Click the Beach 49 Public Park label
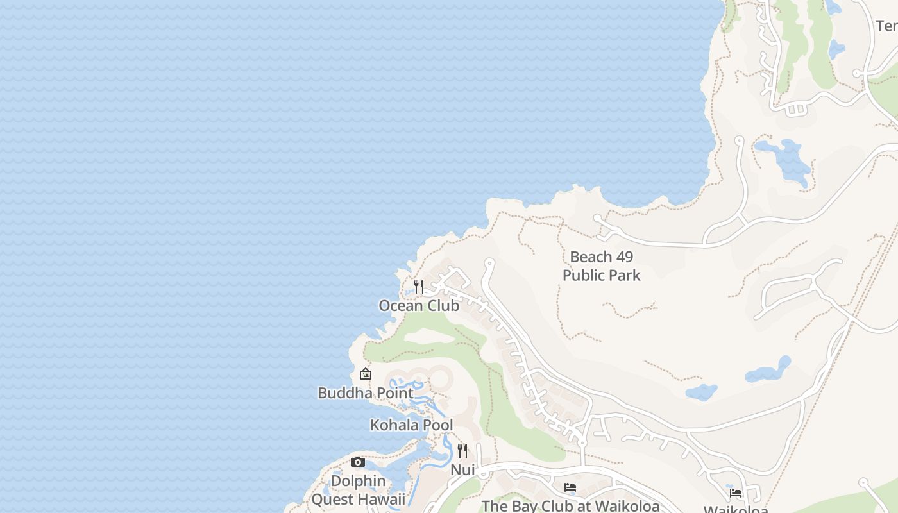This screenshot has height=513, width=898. click(x=602, y=266)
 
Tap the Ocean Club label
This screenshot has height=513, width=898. click(x=419, y=306)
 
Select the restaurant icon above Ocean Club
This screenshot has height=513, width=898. click(x=419, y=287)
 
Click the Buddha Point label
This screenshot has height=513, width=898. click(x=366, y=393)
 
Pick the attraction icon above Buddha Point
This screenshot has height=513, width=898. click(x=366, y=374)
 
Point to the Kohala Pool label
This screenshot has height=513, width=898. click(x=411, y=425)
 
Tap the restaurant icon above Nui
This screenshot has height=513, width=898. click(x=462, y=451)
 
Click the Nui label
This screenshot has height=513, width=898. click(x=462, y=470)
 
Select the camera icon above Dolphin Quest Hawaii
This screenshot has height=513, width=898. click(x=358, y=462)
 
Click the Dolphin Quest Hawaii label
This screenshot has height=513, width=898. click(x=358, y=490)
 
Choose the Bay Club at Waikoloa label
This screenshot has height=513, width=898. click(x=570, y=506)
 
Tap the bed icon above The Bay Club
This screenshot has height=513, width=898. click(x=570, y=487)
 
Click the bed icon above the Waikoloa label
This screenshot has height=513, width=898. click(x=736, y=492)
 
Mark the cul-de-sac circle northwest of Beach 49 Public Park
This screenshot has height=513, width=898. click(x=598, y=219)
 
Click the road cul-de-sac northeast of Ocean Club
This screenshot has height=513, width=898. click(x=489, y=262)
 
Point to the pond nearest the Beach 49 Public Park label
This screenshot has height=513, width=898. click(x=701, y=392)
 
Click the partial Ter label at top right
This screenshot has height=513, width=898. click(x=886, y=26)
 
